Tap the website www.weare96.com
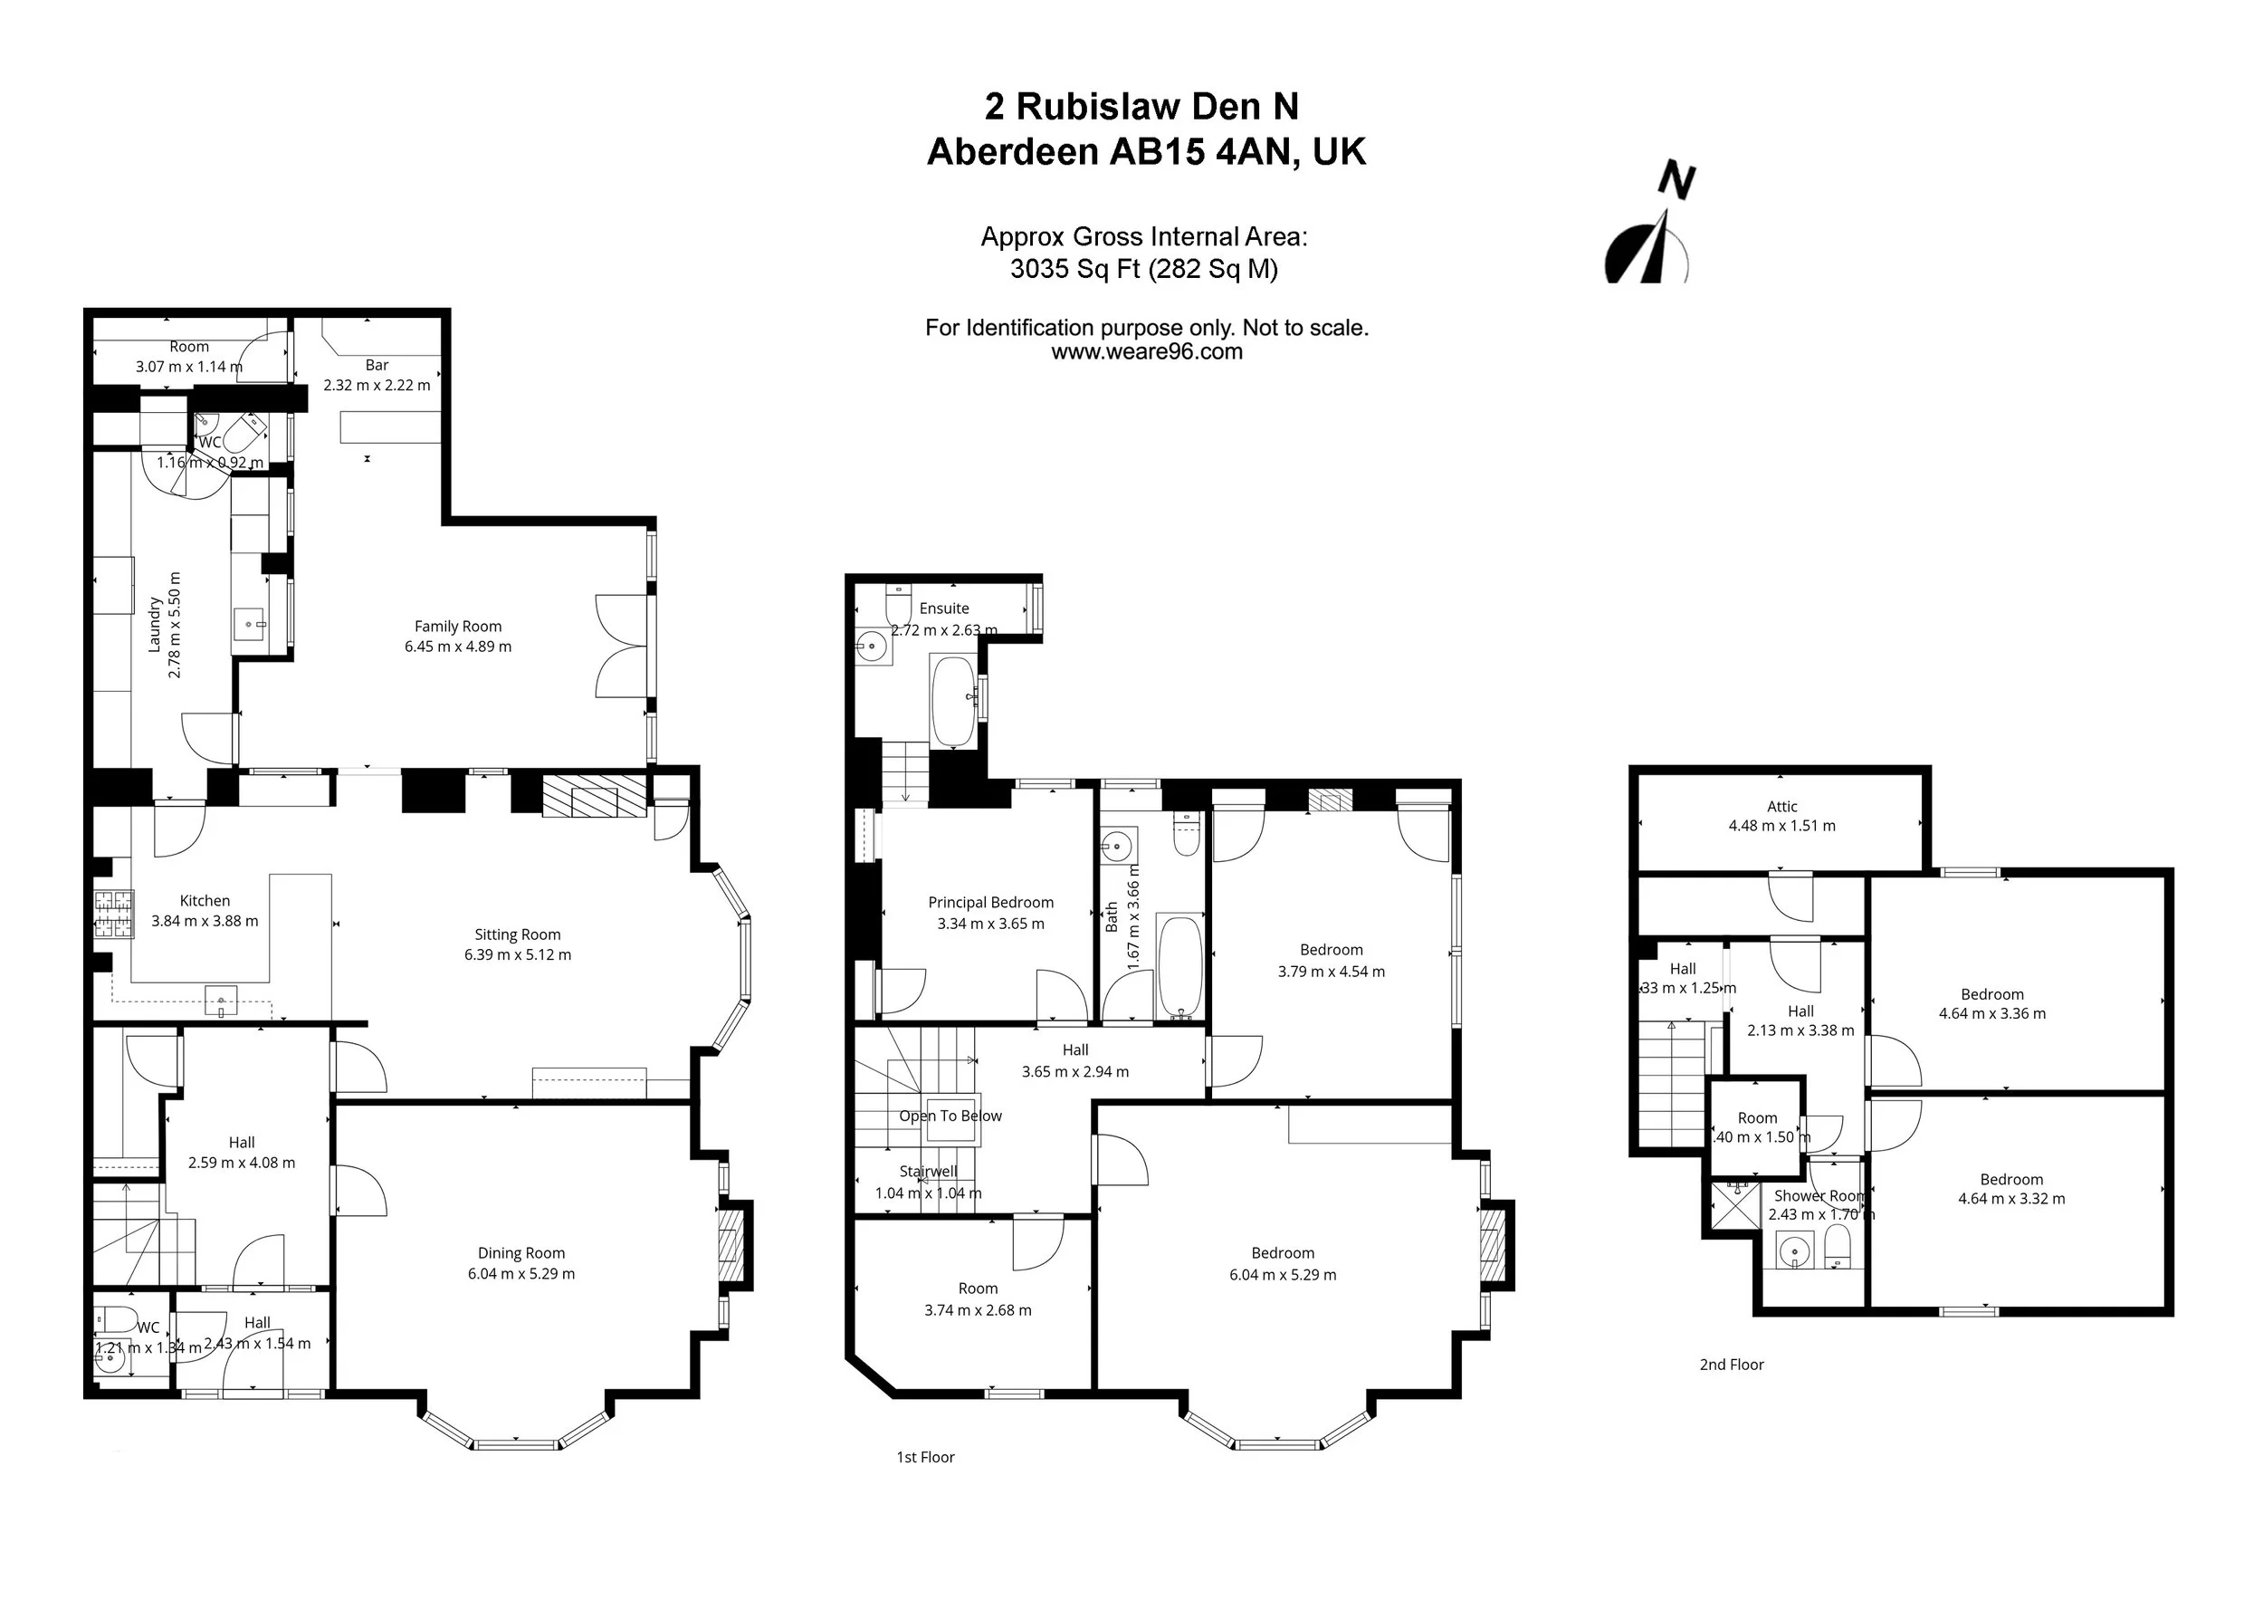tap(1146, 352)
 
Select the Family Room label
tap(457, 626)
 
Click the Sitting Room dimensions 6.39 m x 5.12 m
tap(518, 954)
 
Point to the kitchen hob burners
tap(113, 914)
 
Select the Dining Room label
tap(521, 1253)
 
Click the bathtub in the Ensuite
tap(952, 700)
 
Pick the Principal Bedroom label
tap(990, 902)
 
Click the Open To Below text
tap(950, 1116)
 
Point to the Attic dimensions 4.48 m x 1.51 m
tap(1782, 826)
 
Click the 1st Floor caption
tap(925, 1457)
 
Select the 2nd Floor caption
tap(1732, 1365)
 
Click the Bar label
tap(377, 365)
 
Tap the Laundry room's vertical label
tap(155, 624)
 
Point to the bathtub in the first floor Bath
tap(1179, 967)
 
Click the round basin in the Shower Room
tap(1795, 1254)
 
